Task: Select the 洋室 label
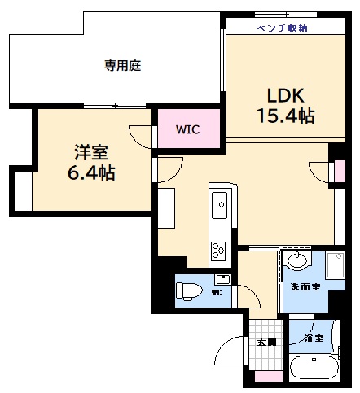(x=91, y=152)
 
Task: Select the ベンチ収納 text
(x=282, y=28)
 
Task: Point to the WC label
(x=217, y=293)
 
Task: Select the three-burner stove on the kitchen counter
(x=218, y=249)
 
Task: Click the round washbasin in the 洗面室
(x=298, y=261)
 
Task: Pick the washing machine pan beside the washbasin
(x=335, y=266)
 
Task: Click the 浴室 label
(x=313, y=338)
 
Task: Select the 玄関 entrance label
(x=266, y=342)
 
